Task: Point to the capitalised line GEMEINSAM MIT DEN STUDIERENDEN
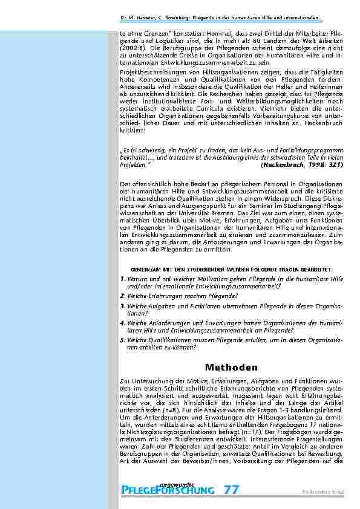point(232,267)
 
